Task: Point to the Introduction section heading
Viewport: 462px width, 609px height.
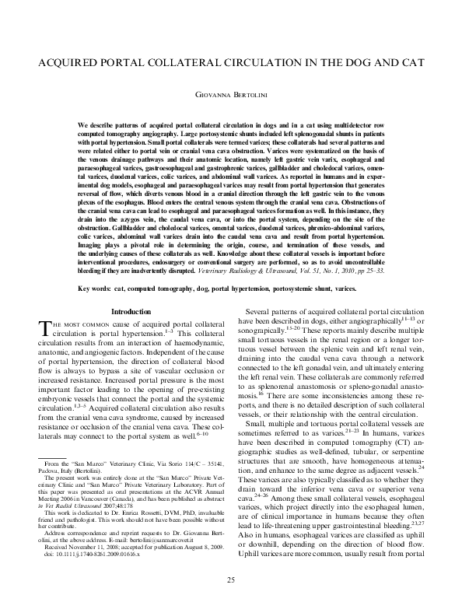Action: click(131, 312)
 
